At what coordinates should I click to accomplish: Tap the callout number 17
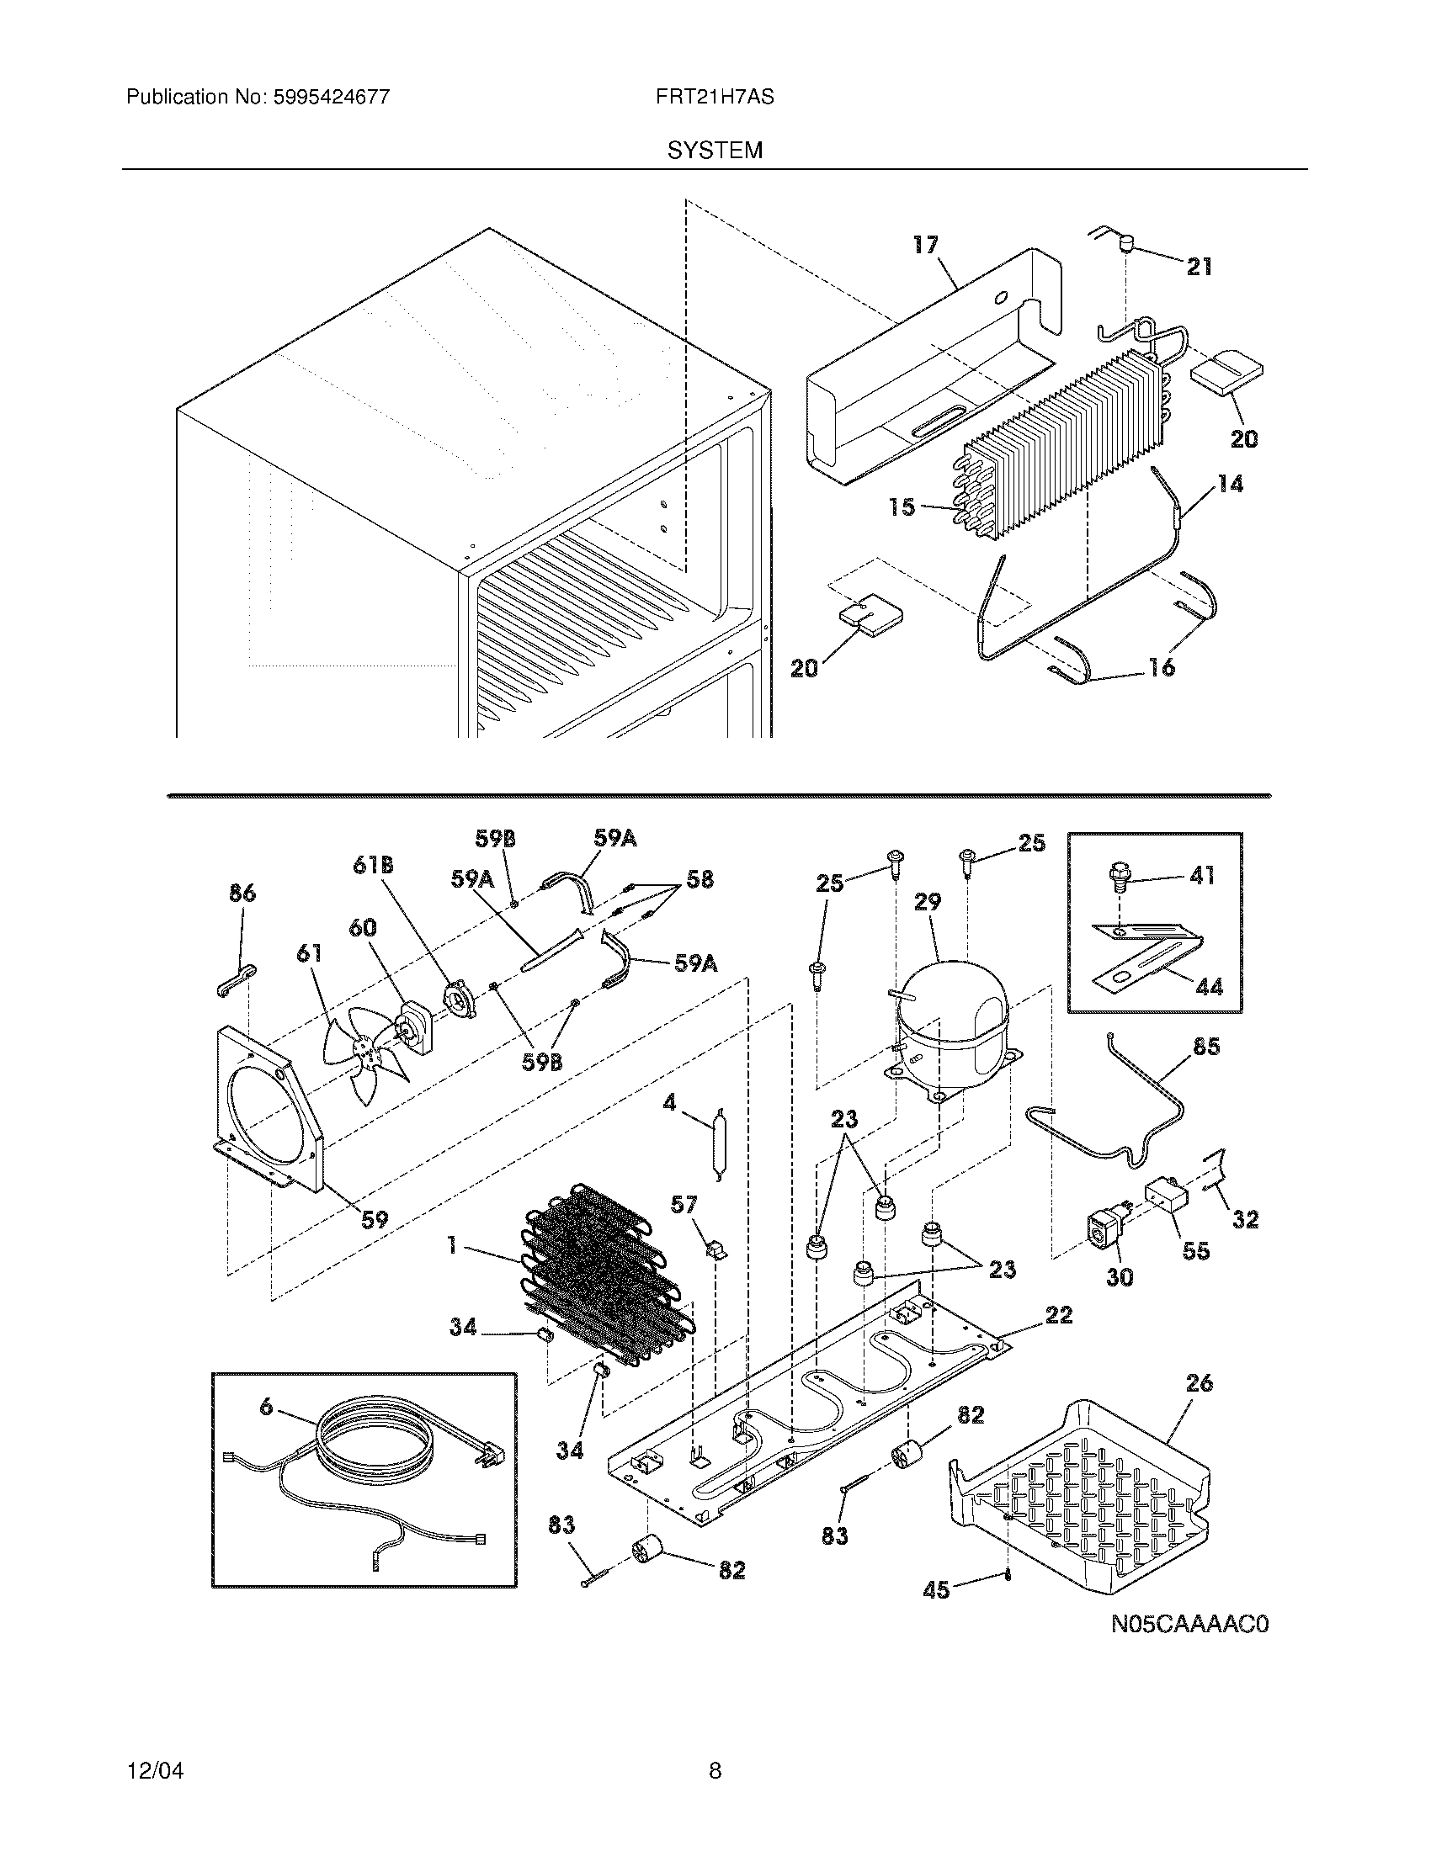(x=926, y=245)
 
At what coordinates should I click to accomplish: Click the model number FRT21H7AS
(x=714, y=97)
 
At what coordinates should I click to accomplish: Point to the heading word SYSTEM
(x=715, y=151)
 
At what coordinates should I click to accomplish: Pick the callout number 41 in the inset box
(x=1201, y=875)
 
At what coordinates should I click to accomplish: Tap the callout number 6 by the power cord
(x=266, y=1407)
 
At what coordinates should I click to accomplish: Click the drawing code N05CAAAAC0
(x=1190, y=1624)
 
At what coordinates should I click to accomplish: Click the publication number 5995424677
(x=331, y=97)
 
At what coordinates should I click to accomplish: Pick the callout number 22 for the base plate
(x=1059, y=1314)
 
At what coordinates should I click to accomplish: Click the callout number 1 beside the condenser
(x=453, y=1246)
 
